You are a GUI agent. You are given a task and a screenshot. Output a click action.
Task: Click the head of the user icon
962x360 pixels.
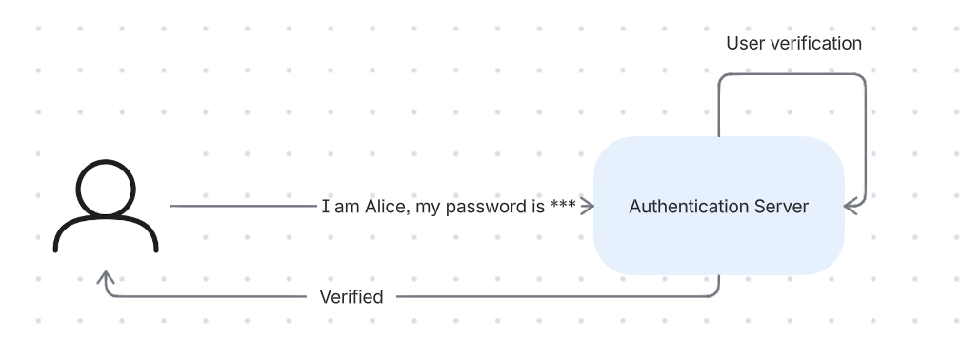pyautogui.click(x=106, y=188)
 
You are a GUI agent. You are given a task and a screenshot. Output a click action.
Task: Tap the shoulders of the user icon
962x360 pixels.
pyautogui.click(x=106, y=234)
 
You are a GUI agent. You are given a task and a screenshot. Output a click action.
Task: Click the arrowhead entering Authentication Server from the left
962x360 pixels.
pyautogui.click(x=589, y=207)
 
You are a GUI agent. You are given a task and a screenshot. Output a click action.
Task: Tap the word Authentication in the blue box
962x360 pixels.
pyautogui.click(x=684, y=207)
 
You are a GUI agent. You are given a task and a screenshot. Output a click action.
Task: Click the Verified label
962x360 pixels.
pyautogui.click(x=351, y=297)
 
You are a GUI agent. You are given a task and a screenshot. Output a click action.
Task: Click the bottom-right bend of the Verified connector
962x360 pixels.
pyautogui.click(x=717, y=294)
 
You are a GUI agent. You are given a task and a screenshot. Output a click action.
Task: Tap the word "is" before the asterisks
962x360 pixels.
pyautogui.click(x=538, y=207)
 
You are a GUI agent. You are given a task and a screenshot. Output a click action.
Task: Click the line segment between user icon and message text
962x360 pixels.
pyautogui.click(x=243, y=206)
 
